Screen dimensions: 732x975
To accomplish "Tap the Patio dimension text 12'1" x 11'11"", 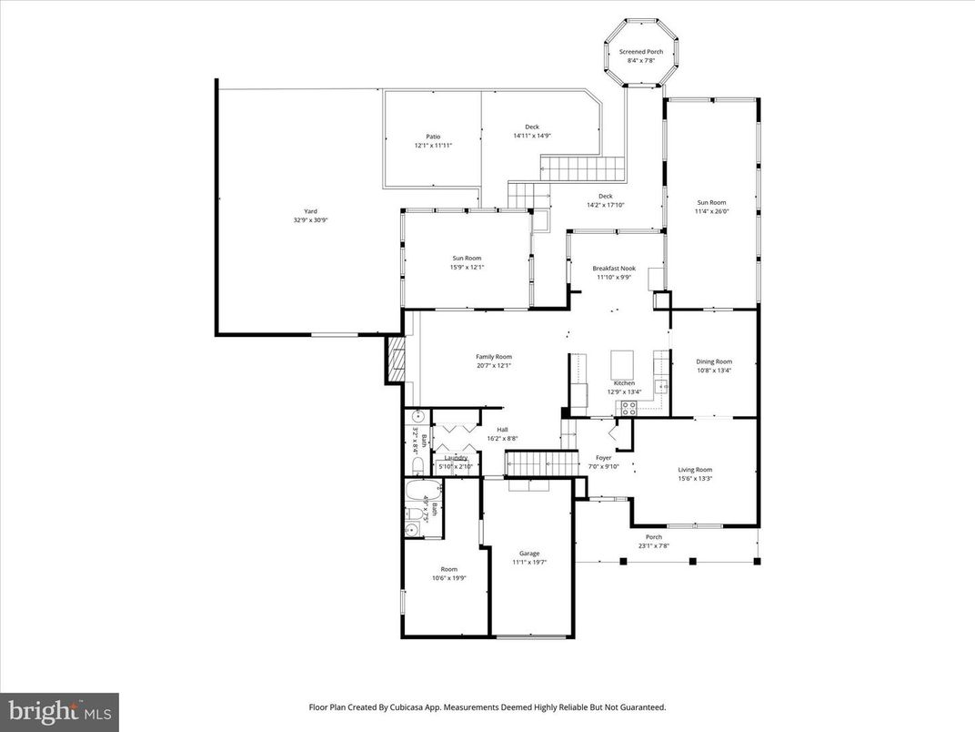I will [433, 146].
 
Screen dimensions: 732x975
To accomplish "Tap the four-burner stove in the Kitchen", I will [627, 409].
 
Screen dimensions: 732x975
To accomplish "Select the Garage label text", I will [529, 554].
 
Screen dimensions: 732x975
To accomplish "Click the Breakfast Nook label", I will [614, 269].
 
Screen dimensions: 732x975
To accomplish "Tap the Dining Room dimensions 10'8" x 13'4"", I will [714, 371].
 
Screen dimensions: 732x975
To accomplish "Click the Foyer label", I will [603, 458].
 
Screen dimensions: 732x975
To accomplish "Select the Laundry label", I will [456, 458].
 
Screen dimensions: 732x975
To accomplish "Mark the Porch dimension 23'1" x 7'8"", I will [654, 546].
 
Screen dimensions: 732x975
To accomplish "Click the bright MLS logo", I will [59, 710].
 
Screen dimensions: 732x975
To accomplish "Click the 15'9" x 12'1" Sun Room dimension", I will [467, 268].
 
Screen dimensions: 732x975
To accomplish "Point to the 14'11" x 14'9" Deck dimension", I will [532, 136].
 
